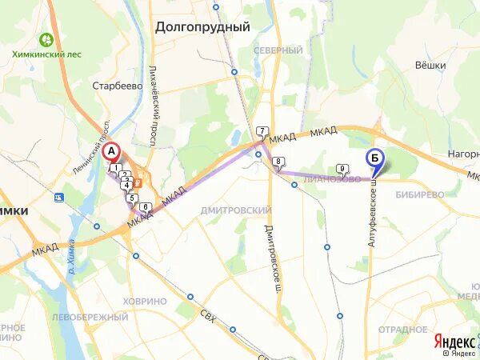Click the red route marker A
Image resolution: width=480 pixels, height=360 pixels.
[112, 150]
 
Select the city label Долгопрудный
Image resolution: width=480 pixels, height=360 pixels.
[202, 26]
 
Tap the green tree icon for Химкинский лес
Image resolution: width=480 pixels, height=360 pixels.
[46, 38]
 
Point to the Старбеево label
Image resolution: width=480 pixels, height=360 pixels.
[117, 86]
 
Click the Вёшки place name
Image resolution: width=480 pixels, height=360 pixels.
[430, 66]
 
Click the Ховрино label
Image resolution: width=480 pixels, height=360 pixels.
[146, 301]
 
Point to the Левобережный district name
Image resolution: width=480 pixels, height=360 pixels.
[79, 318]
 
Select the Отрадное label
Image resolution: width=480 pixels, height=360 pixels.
[402, 328]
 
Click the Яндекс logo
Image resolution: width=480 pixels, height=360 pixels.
[453, 340]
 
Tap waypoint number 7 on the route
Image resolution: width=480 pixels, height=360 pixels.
[262, 130]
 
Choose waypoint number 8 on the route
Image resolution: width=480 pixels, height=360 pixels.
[278, 162]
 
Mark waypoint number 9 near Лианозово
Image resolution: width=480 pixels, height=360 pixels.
[342, 168]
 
